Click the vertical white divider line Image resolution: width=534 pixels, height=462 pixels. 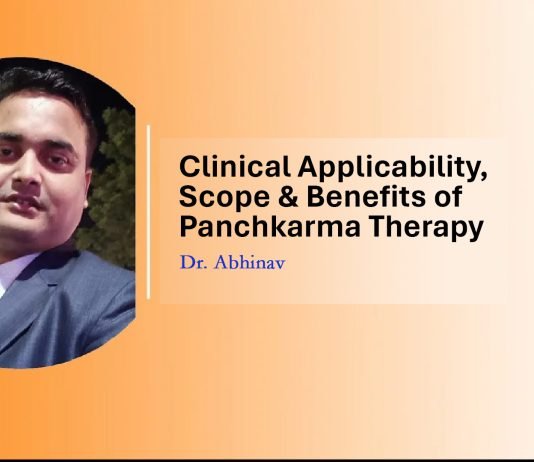(x=149, y=212)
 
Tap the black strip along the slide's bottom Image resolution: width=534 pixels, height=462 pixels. (x=267, y=456)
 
